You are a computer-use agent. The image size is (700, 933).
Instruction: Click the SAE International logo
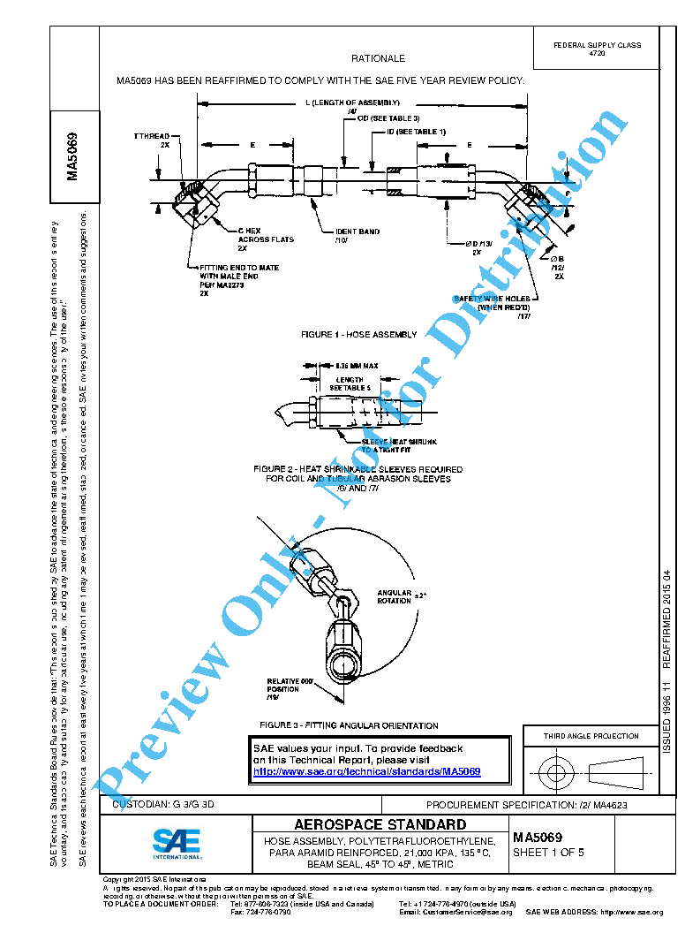pos(177,843)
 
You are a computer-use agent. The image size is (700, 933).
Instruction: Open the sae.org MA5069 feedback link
pos(367,771)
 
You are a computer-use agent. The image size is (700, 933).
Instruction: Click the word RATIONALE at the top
pos(378,58)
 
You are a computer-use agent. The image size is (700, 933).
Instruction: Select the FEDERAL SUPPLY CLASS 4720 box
pos(597,49)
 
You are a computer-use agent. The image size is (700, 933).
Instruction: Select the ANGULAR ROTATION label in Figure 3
pos(395,596)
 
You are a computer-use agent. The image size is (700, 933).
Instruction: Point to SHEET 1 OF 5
pos(548,853)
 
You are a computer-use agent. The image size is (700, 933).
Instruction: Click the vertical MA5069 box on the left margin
pos(74,156)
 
